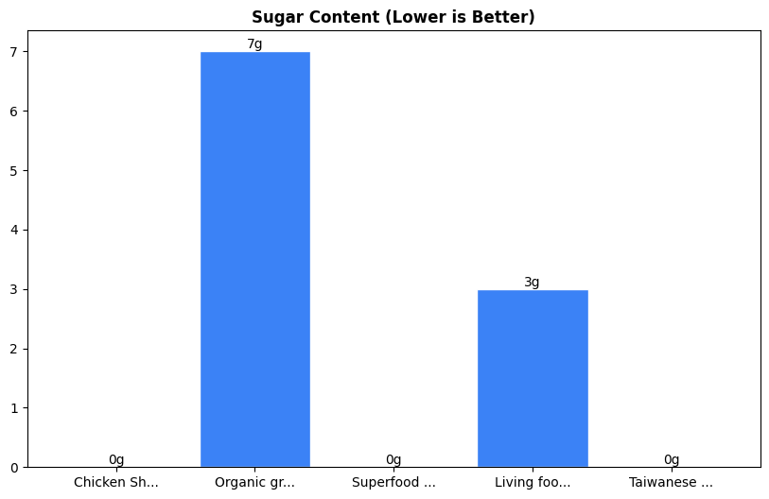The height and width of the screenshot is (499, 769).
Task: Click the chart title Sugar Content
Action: click(x=393, y=17)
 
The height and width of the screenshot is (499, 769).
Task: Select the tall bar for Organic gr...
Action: click(x=254, y=259)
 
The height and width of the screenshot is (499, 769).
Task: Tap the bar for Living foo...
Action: click(x=533, y=378)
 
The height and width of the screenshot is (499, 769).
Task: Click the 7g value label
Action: click(x=254, y=44)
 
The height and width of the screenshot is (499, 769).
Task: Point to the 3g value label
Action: click(x=533, y=283)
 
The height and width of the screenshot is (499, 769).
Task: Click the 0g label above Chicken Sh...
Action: click(x=116, y=460)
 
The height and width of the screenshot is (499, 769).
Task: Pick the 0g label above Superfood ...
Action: click(x=393, y=460)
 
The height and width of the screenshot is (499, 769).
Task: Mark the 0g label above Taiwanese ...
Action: click(x=672, y=460)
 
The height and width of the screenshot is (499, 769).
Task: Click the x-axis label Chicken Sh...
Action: click(x=116, y=483)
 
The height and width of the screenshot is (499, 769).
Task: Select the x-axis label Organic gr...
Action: click(x=254, y=483)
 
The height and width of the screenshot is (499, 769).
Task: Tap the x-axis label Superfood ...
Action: click(x=393, y=483)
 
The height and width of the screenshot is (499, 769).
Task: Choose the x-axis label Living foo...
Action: click(x=533, y=483)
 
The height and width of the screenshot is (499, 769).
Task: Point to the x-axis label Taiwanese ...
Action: click(x=672, y=483)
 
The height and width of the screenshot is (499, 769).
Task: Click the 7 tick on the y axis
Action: click(x=14, y=52)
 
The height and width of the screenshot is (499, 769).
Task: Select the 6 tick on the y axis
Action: click(x=14, y=112)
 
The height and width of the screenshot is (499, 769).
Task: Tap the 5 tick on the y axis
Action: click(x=14, y=171)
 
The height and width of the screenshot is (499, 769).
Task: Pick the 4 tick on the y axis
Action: click(x=14, y=231)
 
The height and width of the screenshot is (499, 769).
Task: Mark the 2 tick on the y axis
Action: click(x=14, y=349)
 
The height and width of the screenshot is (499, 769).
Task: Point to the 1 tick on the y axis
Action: click(x=14, y=408)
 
